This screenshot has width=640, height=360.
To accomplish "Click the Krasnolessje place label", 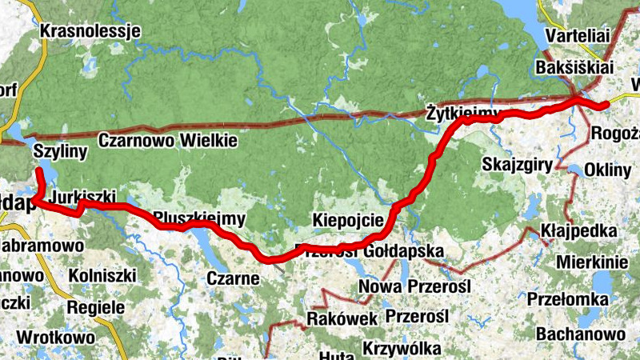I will [x=90, y=31].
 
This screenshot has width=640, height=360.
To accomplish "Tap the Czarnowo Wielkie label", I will [x=168, y=141].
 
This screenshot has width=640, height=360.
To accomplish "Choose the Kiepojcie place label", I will [x=349, y=219].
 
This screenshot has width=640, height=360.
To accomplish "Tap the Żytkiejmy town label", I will [x=462, y=111].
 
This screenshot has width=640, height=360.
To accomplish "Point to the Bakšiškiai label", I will [x=573, y=67].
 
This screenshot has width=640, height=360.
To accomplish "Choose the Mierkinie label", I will [x=591, y=262].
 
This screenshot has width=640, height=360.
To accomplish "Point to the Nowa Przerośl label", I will [x=417, y=286].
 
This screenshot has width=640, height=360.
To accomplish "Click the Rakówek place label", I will [x=342, y=319].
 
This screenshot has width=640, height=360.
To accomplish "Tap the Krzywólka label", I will [x=402, y=349].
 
